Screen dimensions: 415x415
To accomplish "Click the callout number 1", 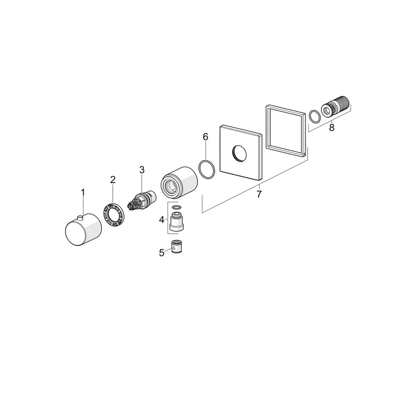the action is [83, 193].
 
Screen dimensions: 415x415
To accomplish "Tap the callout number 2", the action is [113, 180].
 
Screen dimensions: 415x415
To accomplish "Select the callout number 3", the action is [142, 170].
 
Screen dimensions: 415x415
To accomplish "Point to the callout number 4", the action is [162, 220].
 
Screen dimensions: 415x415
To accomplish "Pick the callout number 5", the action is [162, 253].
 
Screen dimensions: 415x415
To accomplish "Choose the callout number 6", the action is [205, 137].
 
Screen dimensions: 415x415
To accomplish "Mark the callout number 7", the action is [259, 194].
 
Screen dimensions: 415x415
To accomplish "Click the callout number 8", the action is [332, 128].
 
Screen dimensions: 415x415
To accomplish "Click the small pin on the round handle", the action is [80, 217].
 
